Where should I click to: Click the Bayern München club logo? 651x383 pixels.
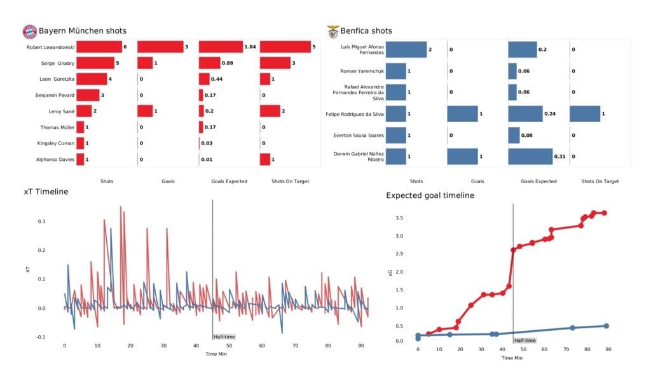pyautogui.click(x=29, y=31)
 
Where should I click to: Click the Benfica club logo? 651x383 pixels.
pyautogui.click(x=333, y=31)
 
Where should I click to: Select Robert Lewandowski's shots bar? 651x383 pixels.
pyautogui.click(x=99, y=47)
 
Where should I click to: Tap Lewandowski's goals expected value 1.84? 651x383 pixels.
pyautogui.click(x=251, y=47)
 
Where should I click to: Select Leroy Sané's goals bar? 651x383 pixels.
pyautogui.click(x=145, y=111)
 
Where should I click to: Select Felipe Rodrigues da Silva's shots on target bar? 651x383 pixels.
pyautogui.click(x=585, y=115)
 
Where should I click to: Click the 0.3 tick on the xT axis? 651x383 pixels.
pyautogui.click(x=42, y=221)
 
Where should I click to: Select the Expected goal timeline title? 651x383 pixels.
pyautogui.click(x=430, y=195)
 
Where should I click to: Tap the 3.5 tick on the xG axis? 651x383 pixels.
pyautogui.click(x=399, y=218)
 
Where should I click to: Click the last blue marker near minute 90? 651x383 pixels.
pyautogui.click(x=606, y=326)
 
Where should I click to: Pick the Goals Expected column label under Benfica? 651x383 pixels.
pyautogui.click(x=538, y=181)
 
